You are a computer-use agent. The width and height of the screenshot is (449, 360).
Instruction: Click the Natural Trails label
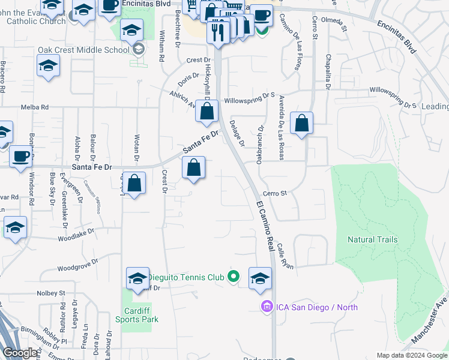[x=372, y=239]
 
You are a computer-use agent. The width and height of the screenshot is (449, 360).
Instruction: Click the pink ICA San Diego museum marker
[x=265, y=307]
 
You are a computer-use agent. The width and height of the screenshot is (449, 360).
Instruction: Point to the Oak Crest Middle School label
[x=83, y=50]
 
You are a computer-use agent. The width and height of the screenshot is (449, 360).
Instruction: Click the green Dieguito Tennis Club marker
[x=234, y=277]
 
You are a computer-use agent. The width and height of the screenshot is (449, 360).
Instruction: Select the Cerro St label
[x=276, y=193]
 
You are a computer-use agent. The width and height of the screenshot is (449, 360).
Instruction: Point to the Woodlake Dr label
[x=76, y=235]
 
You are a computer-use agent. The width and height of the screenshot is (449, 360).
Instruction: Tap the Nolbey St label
[x=50, y=293]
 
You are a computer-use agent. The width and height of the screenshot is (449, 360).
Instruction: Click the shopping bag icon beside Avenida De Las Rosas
[x=301, y=124]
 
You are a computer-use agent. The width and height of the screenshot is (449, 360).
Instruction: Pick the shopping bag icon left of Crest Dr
[x=134, y=184]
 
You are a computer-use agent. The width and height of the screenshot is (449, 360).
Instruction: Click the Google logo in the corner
[x=20, y=353]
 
